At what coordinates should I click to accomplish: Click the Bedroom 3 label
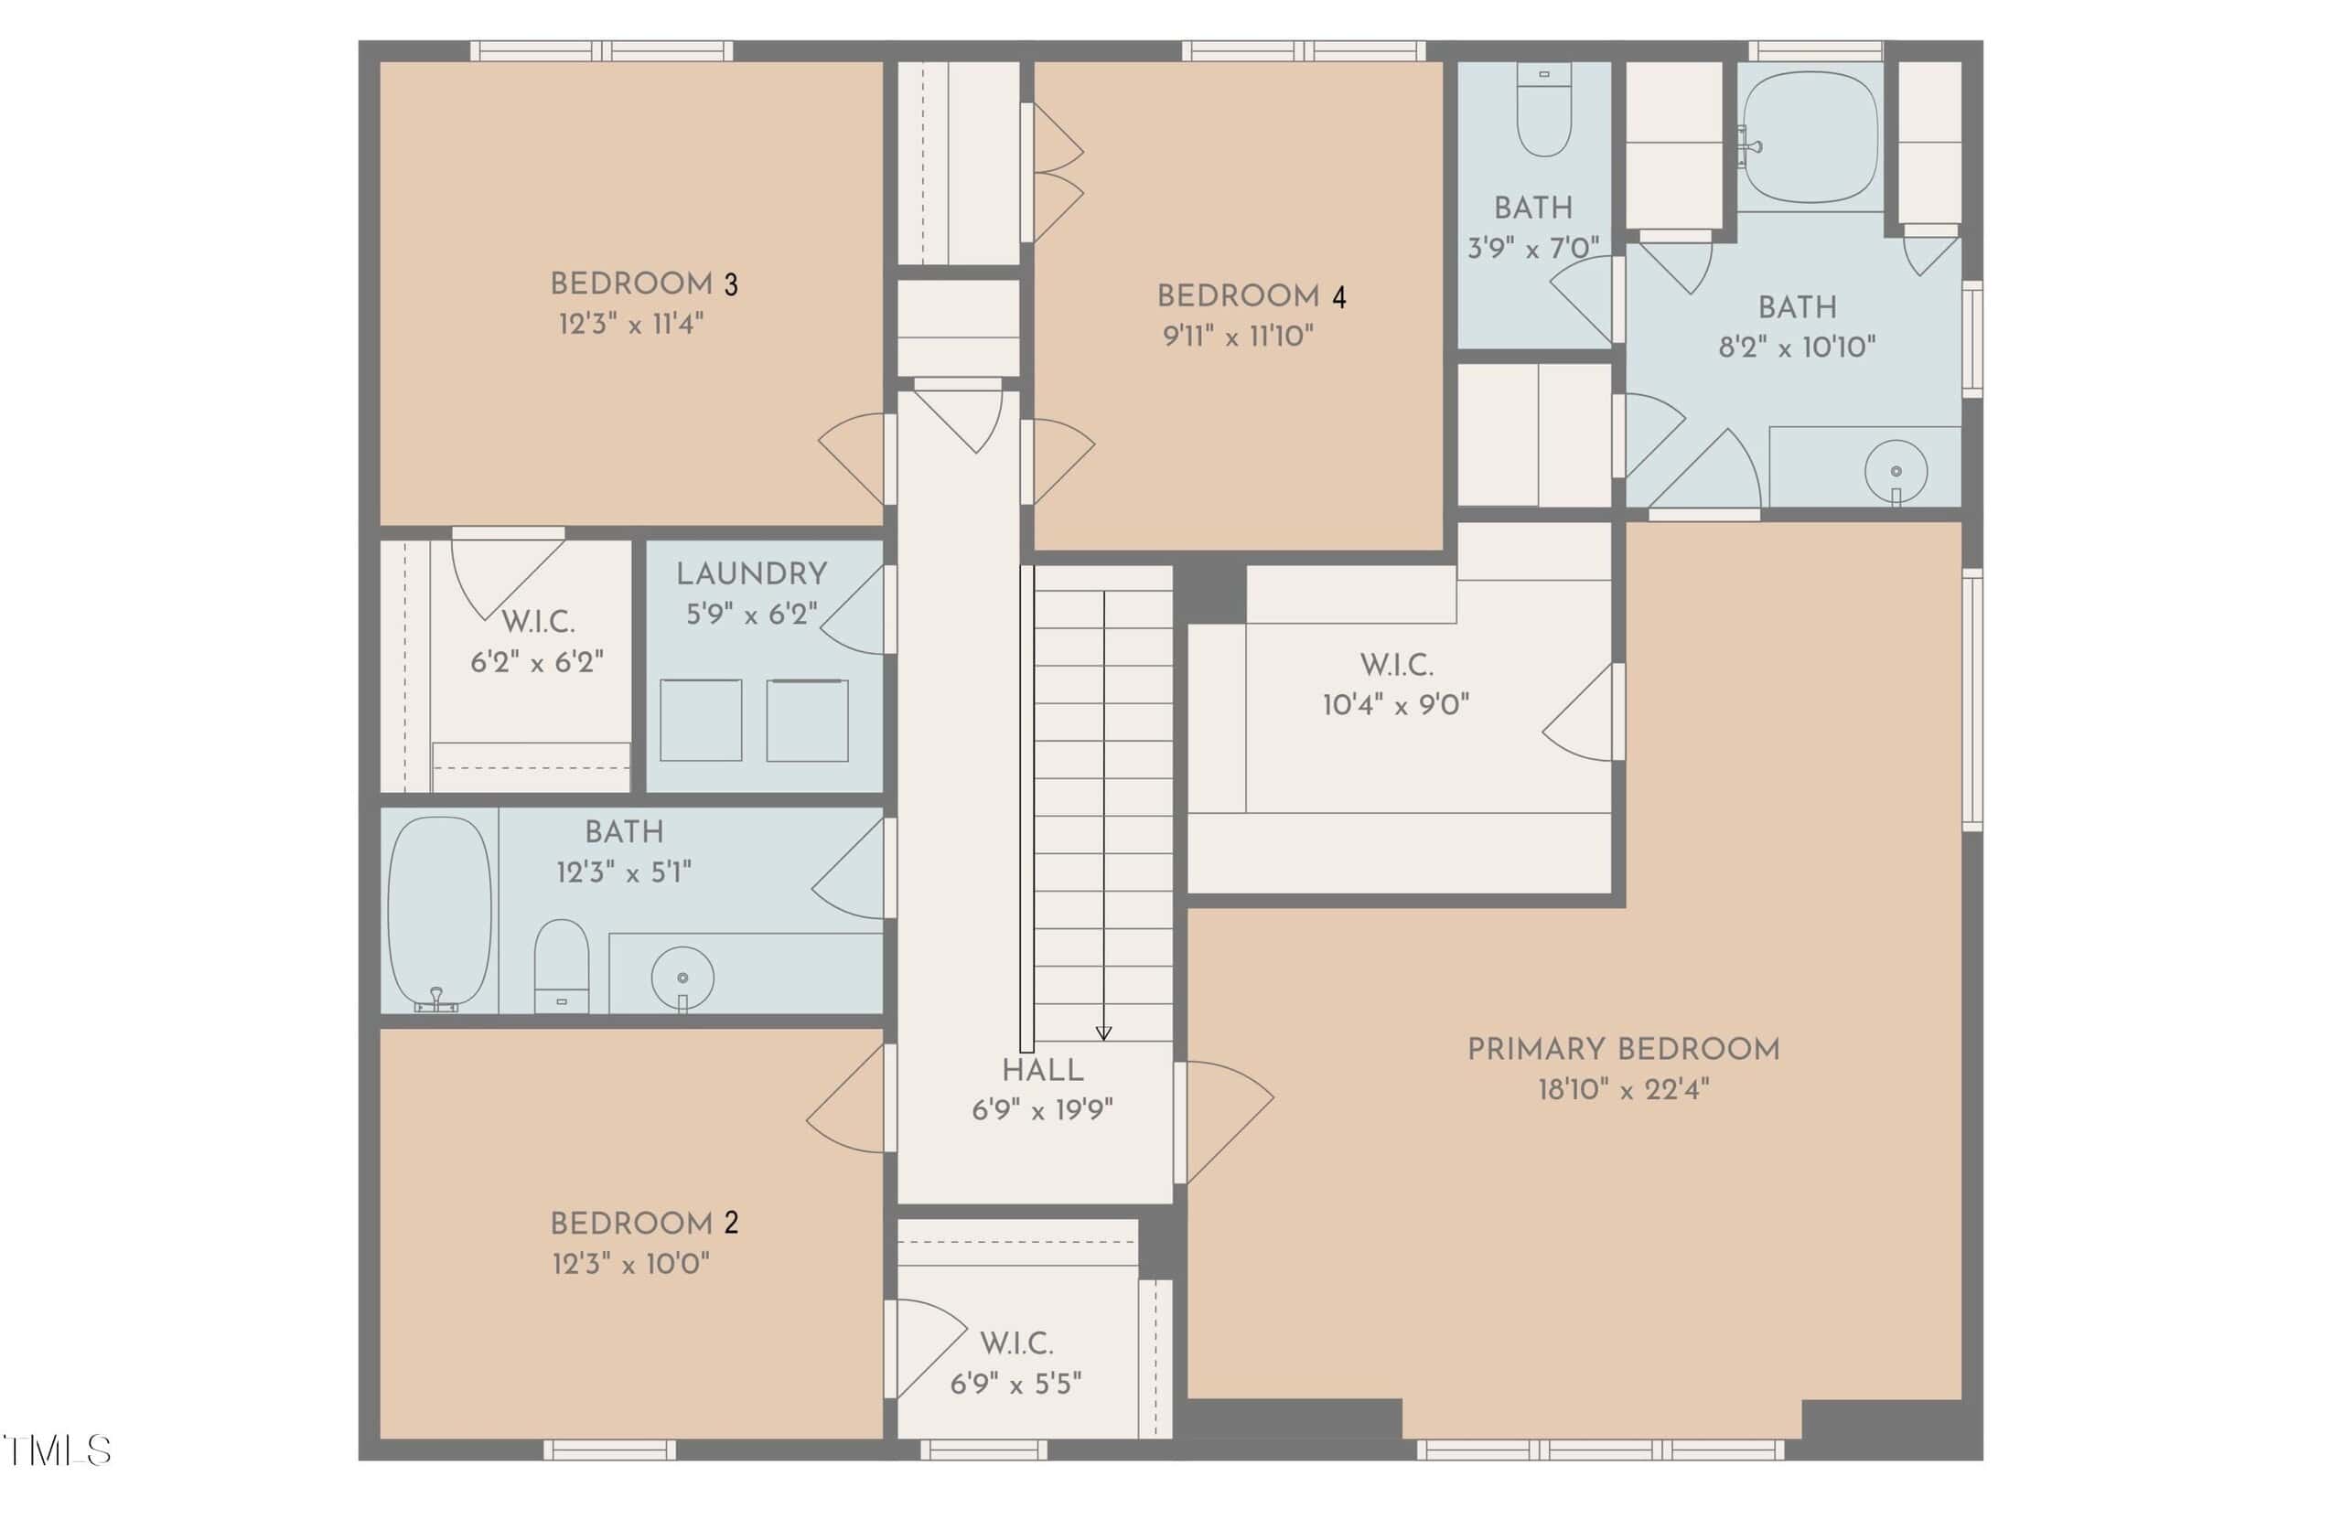click(x=643, y=284)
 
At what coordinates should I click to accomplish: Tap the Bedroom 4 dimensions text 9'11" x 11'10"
click(x=1238, y=337)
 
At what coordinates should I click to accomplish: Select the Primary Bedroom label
click(x=1624, y=1050)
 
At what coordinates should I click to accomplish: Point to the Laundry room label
click(x=752, y=573)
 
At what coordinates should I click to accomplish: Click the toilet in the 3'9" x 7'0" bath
click(x=1544, y=109)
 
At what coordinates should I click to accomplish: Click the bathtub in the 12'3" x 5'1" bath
click(x=439, y=912)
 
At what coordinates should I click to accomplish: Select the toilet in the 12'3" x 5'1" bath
click(x=561, y=965)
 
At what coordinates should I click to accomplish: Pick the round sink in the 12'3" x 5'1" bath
click(x=682, y=978)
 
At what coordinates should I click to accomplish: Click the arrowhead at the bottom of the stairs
click(x=1103, y=1033)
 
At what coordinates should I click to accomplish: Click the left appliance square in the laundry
click(x=701, y=720)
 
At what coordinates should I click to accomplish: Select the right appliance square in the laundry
click(x=807, y=720)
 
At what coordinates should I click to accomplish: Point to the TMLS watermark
click(x=57, y=1451)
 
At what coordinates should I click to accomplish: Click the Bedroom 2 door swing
click(x=844, y=1098)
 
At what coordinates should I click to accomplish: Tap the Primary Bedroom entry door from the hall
click(x=1224, y=1122)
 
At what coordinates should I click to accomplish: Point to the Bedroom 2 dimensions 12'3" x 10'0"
click(x=630, y=1264)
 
